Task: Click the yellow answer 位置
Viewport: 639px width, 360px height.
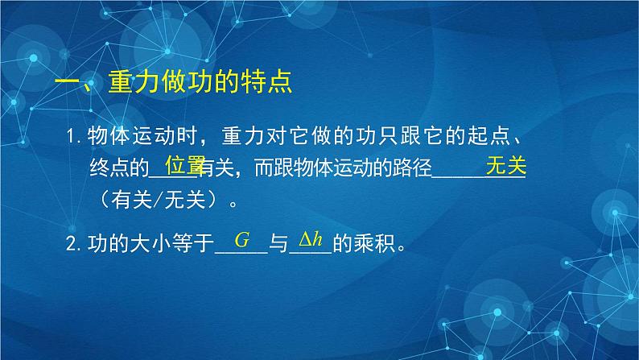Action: tap(184, 166)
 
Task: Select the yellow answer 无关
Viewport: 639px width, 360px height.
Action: tap(505, 166)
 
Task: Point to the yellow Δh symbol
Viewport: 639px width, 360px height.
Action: tap(311, 239)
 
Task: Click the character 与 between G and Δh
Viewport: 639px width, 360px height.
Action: tap(278, 242)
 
